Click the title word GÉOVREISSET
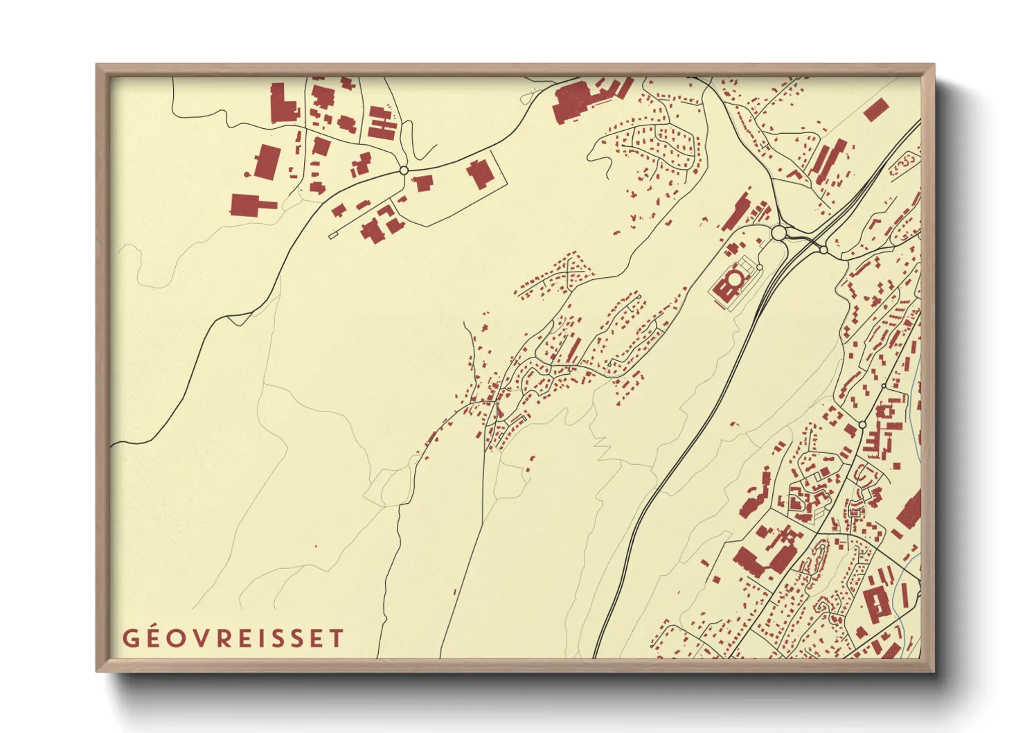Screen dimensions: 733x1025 (x=233, y=638)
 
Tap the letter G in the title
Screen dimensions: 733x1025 (x=130, y=638)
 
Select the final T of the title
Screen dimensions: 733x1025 (x=337, y=638)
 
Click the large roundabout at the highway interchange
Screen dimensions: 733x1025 (x=779, y=232)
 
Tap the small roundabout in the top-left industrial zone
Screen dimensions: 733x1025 (x=404, y=170)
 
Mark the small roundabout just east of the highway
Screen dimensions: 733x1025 (x=824, y=249)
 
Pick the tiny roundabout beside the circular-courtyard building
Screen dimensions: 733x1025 (x=760, y=267)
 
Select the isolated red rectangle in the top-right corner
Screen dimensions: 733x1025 (x=876, y=110)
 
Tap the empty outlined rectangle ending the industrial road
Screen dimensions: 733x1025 (x=332, y=236)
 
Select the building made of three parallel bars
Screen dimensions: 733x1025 (x=381, y=123)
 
